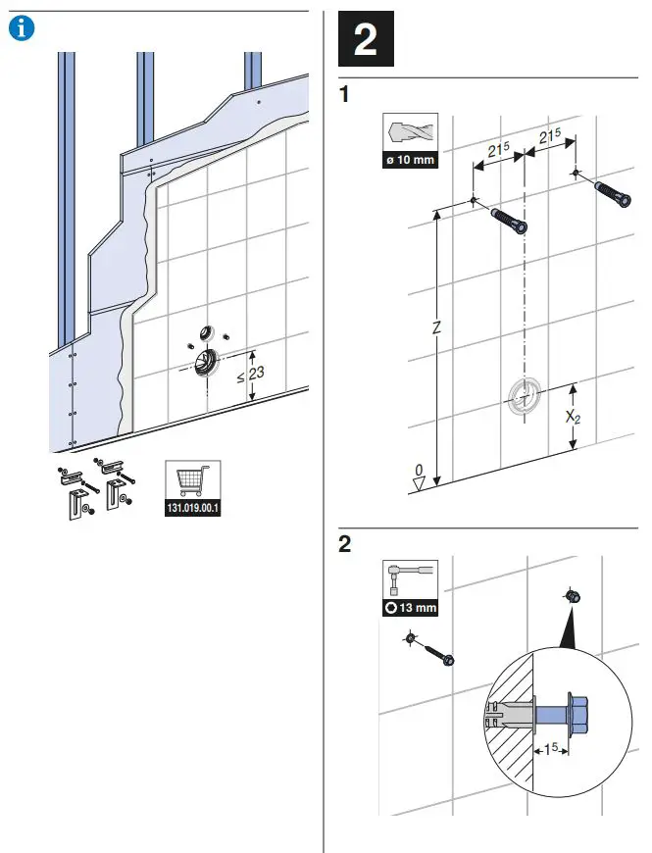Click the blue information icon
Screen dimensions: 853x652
pyautogui.click(x=20, y=29)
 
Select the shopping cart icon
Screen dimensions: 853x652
pyautogui.click(x=192, y=482)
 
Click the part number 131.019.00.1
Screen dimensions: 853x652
pyautogui.click(x=192, y=508)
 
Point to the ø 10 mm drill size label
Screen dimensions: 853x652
pyautogui.click(x=410, y=160)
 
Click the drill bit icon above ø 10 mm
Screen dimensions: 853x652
pyautogui.click(x=410, y=132)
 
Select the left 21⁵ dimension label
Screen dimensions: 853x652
pyautogui.click(x=498, y=152)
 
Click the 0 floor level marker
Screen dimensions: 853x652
pyautogui.click(x=419, y=472)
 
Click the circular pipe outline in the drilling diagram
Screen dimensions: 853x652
pyautogui.click(x=525, y=395)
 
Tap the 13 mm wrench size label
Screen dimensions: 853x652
pyautogui.click(x=410, y=607)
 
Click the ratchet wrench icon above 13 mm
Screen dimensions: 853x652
pyautogui.click(x=410, y=579)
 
